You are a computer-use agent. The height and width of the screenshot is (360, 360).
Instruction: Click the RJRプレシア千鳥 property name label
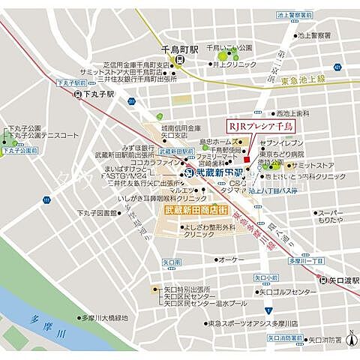(x=261, y=127)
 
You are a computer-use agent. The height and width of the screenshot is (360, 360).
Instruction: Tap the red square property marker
(x=247, y=157)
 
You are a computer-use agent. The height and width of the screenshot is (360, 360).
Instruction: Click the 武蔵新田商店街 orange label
(x=196, y=211)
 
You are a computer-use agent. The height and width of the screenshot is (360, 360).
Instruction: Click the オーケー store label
(x=231, y=259)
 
